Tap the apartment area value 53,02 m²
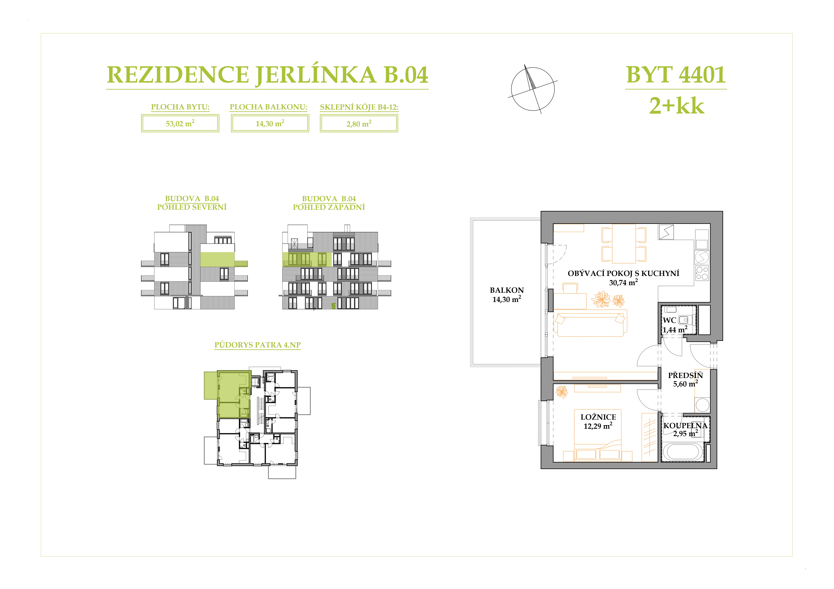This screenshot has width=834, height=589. point(180,123)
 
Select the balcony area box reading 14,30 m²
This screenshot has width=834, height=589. point(270,123)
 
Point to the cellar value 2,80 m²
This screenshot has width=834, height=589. point(359,124)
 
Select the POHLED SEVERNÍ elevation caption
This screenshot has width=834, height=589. point(192,207)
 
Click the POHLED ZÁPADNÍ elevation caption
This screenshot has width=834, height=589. point(329,207)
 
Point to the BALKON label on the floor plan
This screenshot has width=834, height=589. point(507,290)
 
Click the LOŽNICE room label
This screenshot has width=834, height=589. point(598,417)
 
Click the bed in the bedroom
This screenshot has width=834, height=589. point(598,435)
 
